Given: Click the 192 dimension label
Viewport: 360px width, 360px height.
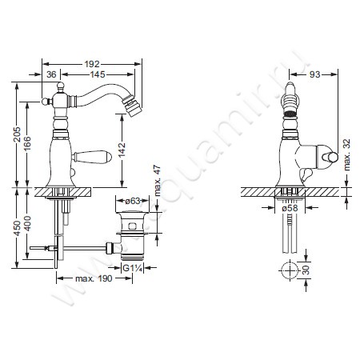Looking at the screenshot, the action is click(x=92, y=64).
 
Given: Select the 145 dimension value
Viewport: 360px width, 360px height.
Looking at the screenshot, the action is click(x=98, y=74).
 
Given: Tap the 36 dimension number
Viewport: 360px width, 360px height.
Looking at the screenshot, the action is click(x=51, y=74).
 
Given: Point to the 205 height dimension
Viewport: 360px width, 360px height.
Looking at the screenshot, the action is click(x=17, y=134).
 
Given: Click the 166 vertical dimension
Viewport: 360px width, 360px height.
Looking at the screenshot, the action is click(x=27, y=143).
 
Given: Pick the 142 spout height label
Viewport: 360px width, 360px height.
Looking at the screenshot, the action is click(x=122, y=150).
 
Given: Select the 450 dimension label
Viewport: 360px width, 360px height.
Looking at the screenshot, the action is click(x=17, y=228).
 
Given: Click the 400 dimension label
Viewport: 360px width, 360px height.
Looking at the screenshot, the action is click(x=27, y=223).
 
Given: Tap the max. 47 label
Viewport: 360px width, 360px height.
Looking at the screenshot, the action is click(x=158, y=181).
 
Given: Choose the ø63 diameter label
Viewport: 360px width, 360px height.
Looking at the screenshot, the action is click(x=133, y=201).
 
